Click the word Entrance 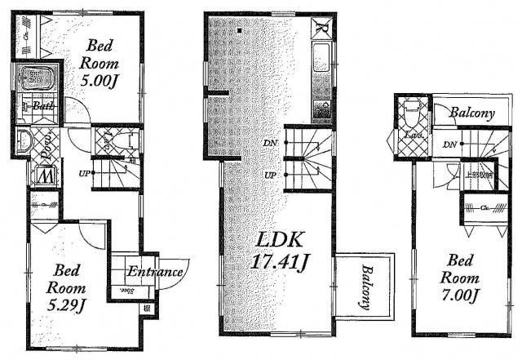coord(153,273)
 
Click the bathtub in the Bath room coord(35,81)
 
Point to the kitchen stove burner coord(321,109)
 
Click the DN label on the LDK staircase coord(269,144)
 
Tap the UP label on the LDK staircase coord(269,176)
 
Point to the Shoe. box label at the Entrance coord(126,290)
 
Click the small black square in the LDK coord(241,31)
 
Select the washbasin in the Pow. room coord(24,140)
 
